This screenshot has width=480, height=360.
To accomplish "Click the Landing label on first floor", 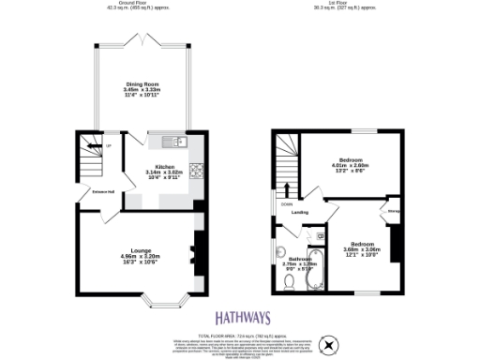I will (x=300, y=212).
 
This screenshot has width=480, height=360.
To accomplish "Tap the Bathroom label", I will (x=300, y=259).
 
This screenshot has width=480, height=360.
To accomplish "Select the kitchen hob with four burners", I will (x=197, y=171).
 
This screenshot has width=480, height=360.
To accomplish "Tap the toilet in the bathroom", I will (x=292, y=278).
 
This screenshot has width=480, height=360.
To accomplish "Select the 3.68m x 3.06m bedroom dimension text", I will (x=361, y=249).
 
